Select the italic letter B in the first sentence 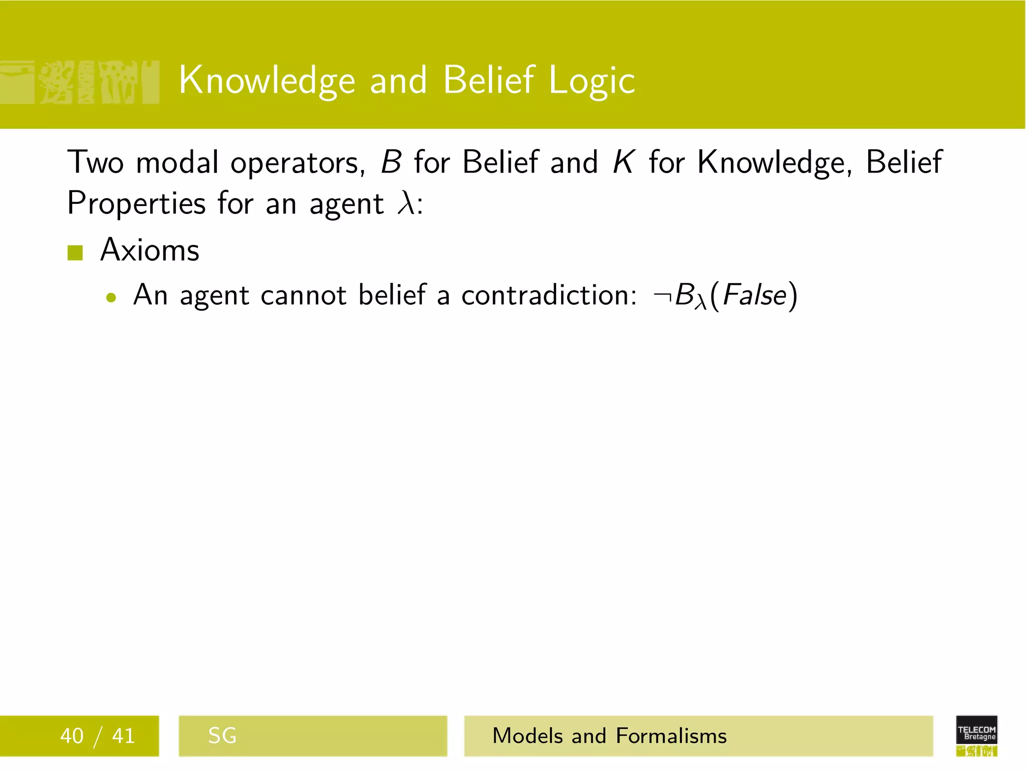(x=391, y=162)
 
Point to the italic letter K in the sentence (x=624, y=162)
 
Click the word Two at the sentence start (x=95, y=162)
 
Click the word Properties (x=136, y=204)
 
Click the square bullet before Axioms (x=75, y=253)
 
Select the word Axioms (x=150, y=250)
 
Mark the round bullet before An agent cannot (x=111, y=298)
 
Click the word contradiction (x=549, y=295)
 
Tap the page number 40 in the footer (x=72, y=736)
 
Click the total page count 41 (x=123, y=736)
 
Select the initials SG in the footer (x=222, y=736)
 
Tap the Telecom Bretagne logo (x=976, y=735)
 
